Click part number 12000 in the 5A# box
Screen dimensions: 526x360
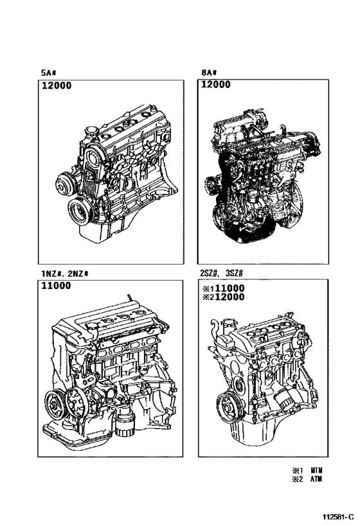(x=58, y=86)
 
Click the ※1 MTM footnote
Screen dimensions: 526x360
(x=307, y=469)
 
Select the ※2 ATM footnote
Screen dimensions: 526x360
(x=307, y=478)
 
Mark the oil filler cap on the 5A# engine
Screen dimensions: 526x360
(x=89, y=133)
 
